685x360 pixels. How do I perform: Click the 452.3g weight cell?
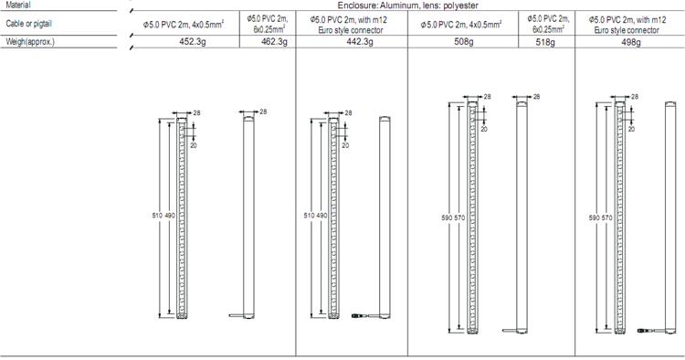193,41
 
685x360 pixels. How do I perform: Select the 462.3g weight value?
274,41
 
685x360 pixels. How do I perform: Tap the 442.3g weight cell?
360,41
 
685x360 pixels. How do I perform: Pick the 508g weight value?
463,42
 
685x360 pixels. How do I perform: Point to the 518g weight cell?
545,42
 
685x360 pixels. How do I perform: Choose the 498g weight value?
631,42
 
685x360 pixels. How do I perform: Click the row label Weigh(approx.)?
30,42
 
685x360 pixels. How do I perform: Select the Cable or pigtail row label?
28,24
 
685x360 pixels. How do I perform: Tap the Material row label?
18,5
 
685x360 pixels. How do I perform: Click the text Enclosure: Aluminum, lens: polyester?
407,5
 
